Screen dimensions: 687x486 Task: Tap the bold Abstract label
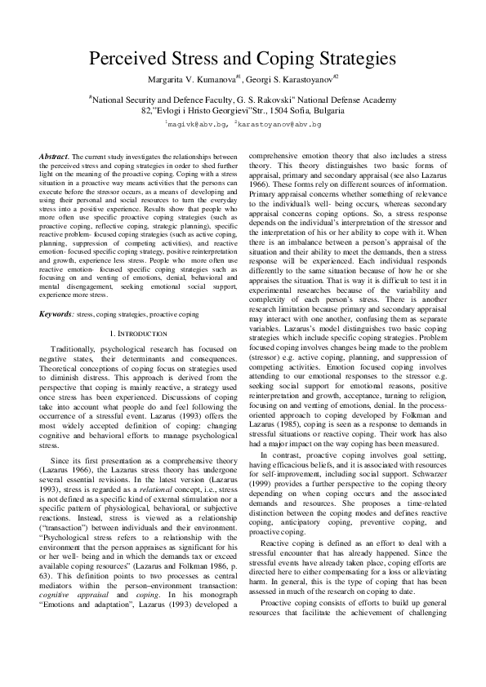click(54, 155)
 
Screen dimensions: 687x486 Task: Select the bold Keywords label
click(56, 314)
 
